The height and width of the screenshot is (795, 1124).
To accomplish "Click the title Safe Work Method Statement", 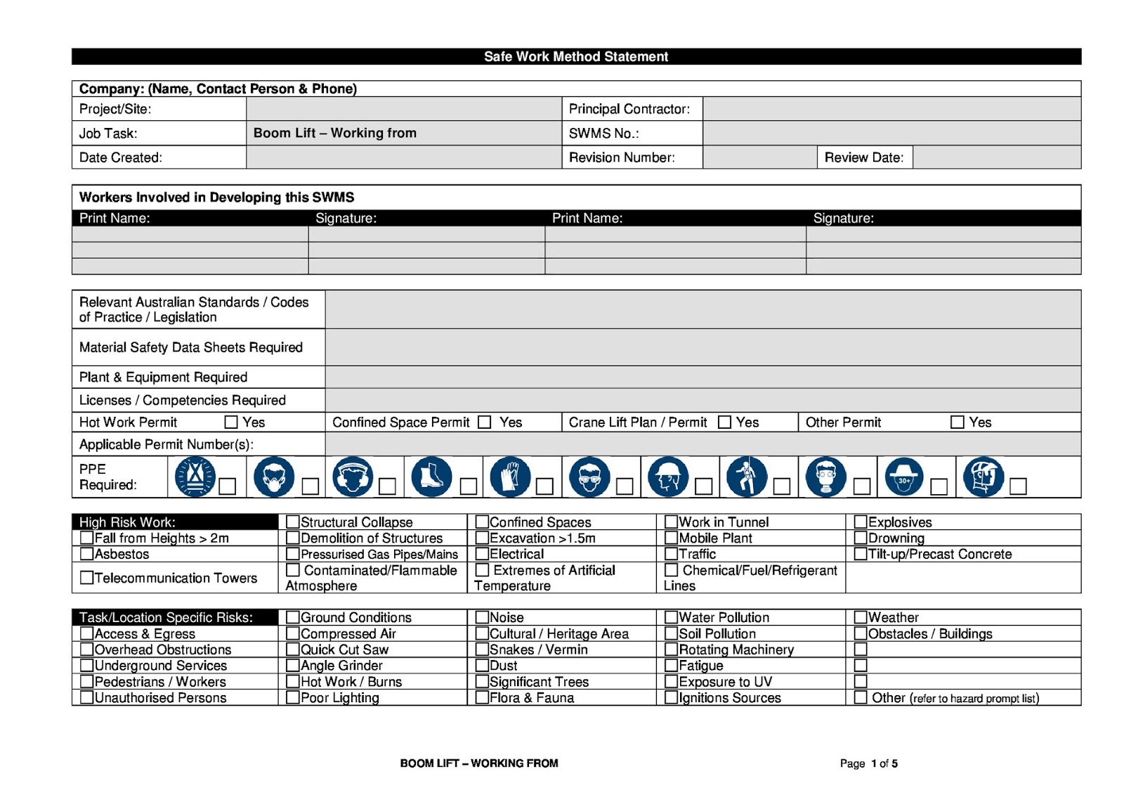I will (x=576, y=57).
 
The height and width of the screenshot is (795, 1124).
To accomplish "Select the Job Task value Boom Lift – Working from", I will (x=334, y=133).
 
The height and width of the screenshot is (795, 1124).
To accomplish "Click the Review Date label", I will (x=863, y=157).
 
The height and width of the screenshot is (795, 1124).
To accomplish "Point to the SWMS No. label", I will (x=603, y=134).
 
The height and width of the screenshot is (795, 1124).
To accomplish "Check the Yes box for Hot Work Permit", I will (x=231, y=422).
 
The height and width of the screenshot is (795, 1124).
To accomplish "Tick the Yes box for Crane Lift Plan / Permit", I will (x=724, y=422).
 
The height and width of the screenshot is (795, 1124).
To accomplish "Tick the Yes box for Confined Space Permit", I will (x=484, y=422).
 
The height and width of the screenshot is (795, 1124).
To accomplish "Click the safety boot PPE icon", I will (x=431, y=477).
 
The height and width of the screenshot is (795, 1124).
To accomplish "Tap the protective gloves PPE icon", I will (x=510, y=477).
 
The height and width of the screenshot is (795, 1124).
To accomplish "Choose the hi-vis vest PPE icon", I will (x=195, y=477).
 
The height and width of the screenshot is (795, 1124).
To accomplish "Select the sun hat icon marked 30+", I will (x=904, y=477).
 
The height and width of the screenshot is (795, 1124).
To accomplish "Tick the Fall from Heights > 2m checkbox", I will (x=87, y=538).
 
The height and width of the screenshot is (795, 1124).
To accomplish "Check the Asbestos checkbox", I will (x=87, y=554).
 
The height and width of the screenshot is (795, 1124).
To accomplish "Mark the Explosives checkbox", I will (x=861, y=522).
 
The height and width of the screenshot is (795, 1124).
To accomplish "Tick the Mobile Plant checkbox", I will (x=671, y=538).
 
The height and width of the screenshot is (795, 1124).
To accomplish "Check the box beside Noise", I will (x=482, y=617).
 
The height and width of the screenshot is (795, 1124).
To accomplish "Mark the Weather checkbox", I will (x=861, y=617).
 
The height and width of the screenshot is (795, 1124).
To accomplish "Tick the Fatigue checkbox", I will (x=671, y=665).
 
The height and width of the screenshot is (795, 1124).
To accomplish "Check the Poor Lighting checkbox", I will (x=293, y=697).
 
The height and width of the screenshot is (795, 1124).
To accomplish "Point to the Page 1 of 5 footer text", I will (x=868, y=763).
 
